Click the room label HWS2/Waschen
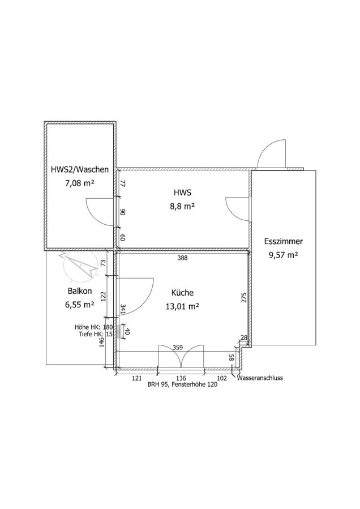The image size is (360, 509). [79, 169]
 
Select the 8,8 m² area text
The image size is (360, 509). [182, 207]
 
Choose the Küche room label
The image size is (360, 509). [183, 293]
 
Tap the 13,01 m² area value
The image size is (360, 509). [183, 307]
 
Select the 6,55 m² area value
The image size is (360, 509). [79, 306]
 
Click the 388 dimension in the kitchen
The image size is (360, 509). [182, 258]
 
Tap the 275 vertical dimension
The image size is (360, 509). [244, 298]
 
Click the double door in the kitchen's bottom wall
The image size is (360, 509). [180, 357]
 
